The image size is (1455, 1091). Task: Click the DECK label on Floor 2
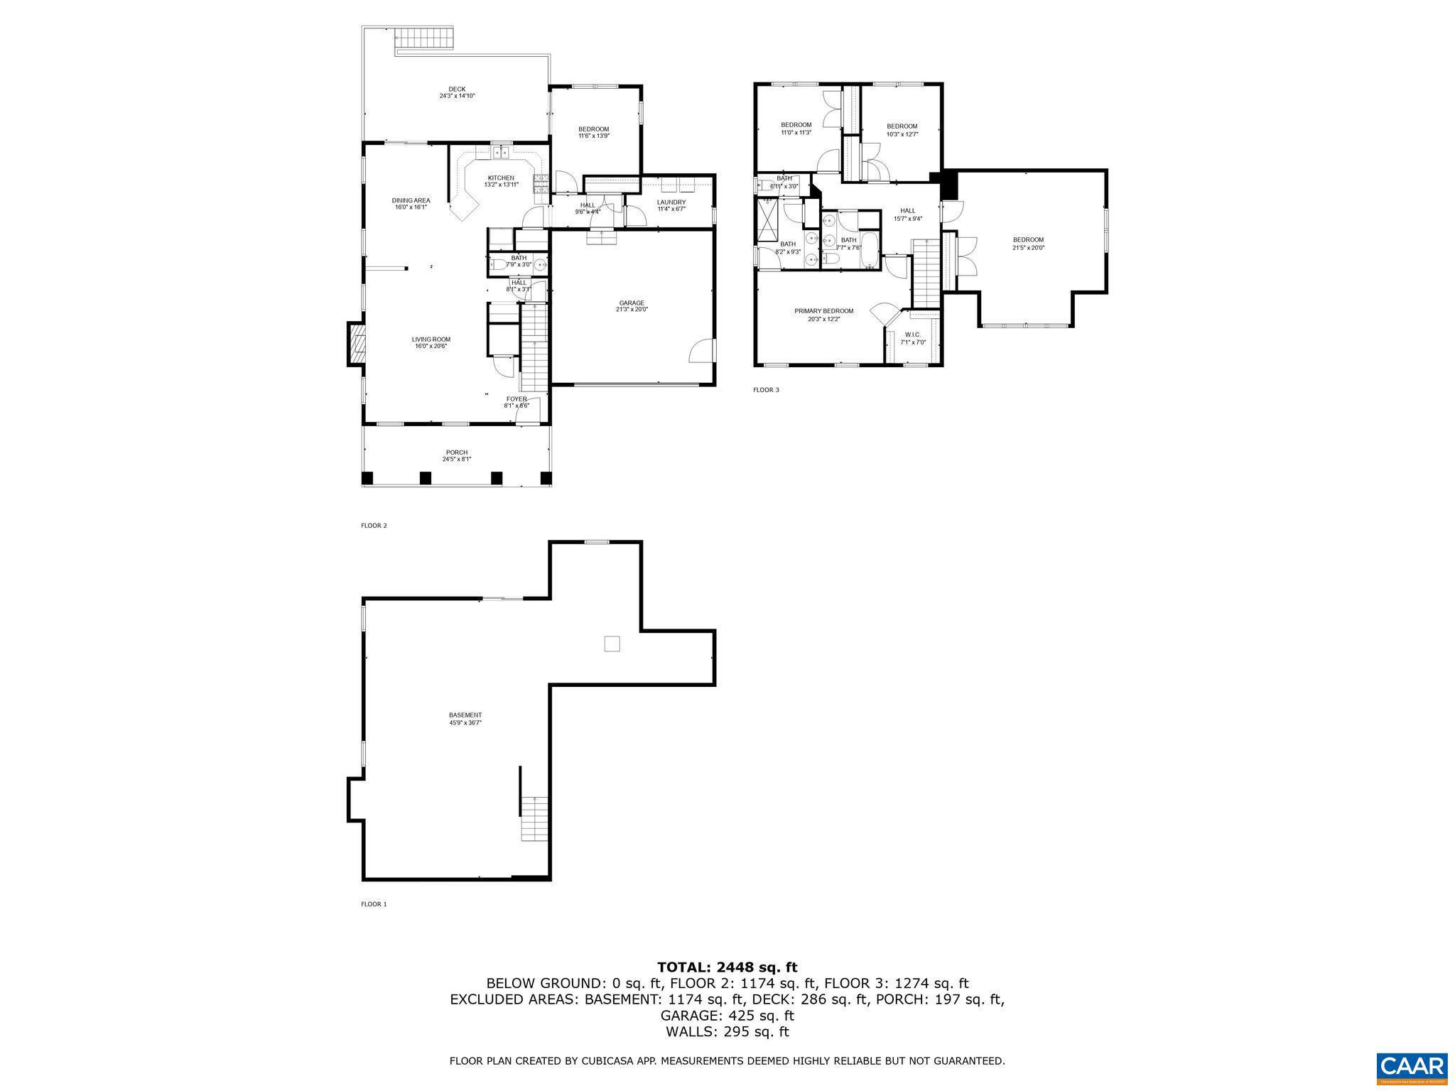coord(457,89)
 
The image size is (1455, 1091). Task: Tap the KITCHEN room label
coord(501,178)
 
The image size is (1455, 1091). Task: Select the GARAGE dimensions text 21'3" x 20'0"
coord(632,310)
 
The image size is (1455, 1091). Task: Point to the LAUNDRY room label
coord(671,202)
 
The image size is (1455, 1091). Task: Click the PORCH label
coord(457,452)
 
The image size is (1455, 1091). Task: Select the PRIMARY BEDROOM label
coord(823,311)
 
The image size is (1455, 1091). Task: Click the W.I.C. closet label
coord(913,335)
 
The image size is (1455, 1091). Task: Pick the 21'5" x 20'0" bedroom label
coord(1028,248)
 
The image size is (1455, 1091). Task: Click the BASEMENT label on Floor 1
coord(465,715)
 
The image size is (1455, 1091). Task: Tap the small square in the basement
coord(612,644)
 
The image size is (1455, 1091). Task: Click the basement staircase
coord(535,818)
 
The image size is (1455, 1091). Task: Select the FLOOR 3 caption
coord(766,390)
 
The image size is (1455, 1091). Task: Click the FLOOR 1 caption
coord(374,904)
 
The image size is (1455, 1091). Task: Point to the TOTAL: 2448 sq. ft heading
coord(727,967)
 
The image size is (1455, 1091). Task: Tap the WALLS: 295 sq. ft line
coord(727,1032)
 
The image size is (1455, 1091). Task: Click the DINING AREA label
coord(411,200)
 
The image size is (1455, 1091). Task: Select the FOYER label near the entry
coord(516,399)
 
